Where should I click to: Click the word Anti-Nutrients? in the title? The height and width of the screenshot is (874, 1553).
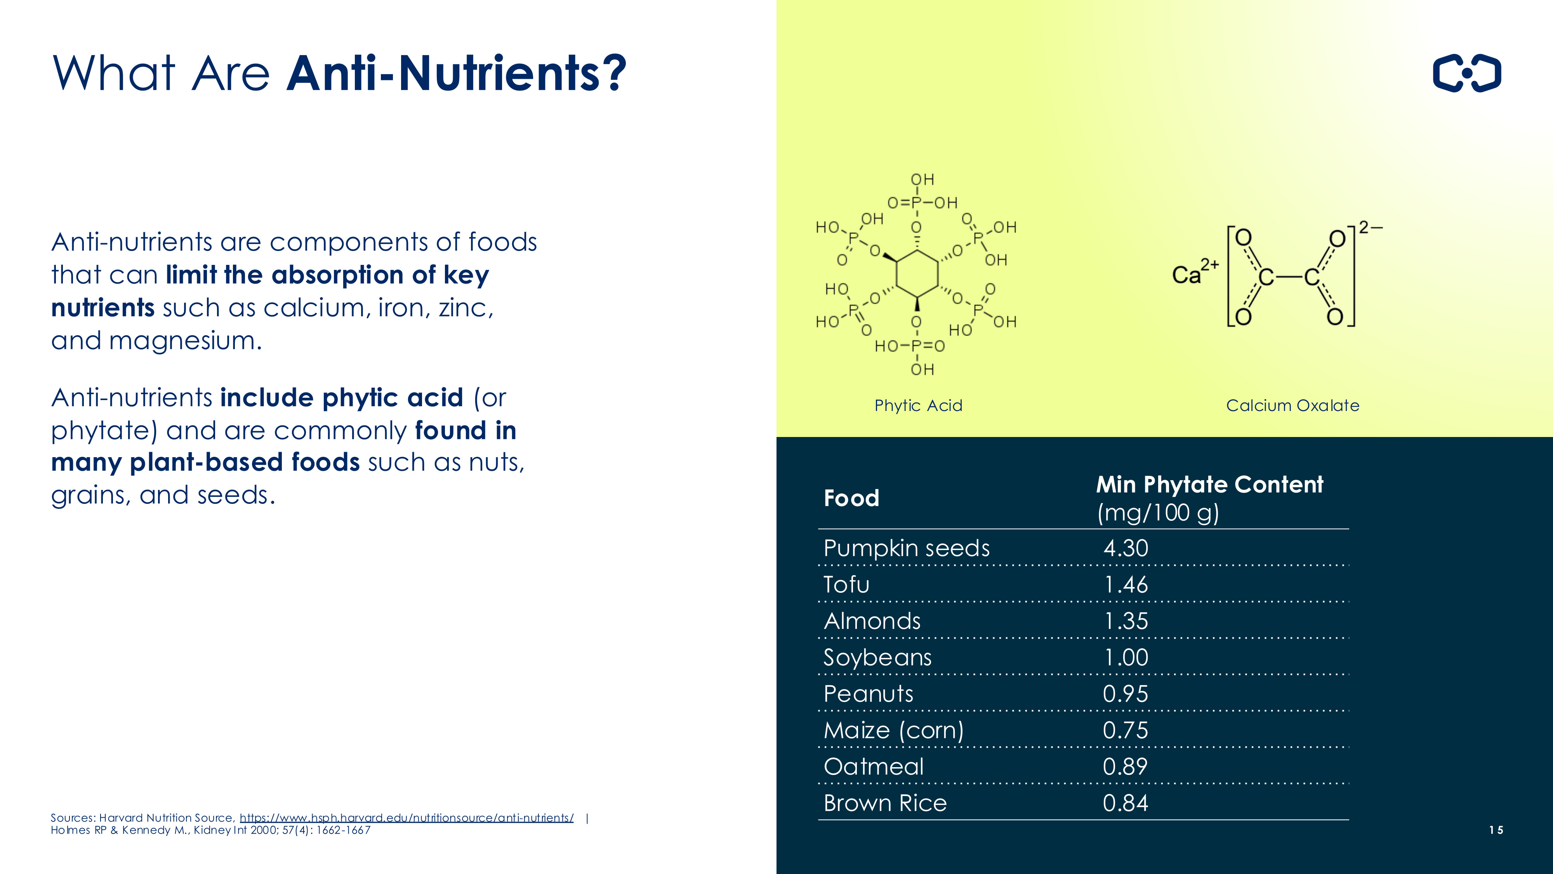click(456, 73)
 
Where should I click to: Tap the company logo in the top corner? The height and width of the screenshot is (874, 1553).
click(1467, 73)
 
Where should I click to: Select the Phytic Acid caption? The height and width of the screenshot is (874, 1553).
click(918, 405)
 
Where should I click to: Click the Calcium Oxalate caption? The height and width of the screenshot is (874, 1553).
click(1292, 405)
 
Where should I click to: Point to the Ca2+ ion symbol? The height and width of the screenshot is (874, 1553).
click(1195, 273)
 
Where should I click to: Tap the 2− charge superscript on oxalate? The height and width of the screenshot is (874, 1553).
click(1371, 227)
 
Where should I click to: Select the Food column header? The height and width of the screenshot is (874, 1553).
click(851, 498)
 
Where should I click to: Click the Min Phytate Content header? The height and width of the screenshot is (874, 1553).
click(1209, 484)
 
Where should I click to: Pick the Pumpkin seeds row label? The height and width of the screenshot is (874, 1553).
click(907, 548)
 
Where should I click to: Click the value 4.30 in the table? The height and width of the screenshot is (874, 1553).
click(1126, 548)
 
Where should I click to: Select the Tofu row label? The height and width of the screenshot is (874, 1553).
click(846, 585)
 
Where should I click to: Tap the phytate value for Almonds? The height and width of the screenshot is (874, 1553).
click(1126, 621)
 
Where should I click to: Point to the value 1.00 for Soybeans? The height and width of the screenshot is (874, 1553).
click(1126, 658)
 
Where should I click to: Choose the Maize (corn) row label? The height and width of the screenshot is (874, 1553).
click(893, 730)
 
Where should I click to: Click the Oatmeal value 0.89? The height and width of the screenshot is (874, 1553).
click(1125, 767)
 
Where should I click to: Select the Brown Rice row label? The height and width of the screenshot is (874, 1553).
click(885, 803)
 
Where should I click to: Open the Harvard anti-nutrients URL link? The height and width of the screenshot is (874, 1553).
click(407, 818)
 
